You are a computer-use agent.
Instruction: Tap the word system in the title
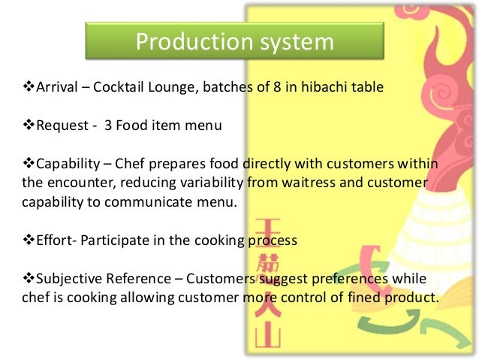click(295, 41)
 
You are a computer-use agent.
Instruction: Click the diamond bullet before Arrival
click(21, 87)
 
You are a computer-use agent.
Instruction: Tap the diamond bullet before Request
click(21, 126)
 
